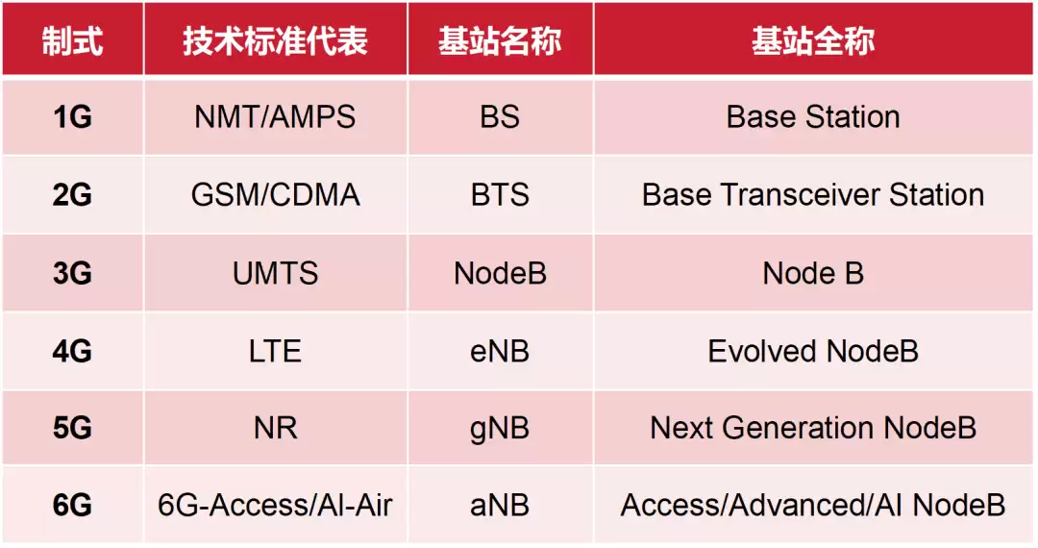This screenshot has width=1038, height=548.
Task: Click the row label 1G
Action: (72, 117)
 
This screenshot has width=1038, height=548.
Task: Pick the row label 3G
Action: (72, 273)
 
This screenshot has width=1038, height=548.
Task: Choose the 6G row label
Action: (72, 505)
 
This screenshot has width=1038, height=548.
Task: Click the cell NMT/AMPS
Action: (275, 117)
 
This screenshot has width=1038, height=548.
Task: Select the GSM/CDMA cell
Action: (275, 195)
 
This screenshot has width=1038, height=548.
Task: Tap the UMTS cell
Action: (275, 273)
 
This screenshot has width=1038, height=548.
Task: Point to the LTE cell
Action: (275, 351)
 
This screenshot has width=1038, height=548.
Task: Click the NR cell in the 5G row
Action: (275, 428)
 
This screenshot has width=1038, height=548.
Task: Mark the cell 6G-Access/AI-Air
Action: (275, 505)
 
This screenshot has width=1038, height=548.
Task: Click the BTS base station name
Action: (500, 195)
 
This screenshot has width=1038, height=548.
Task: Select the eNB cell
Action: (500, 351)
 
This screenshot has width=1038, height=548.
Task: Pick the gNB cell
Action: (500, 428)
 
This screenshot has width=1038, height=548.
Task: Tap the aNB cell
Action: (500, 505)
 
